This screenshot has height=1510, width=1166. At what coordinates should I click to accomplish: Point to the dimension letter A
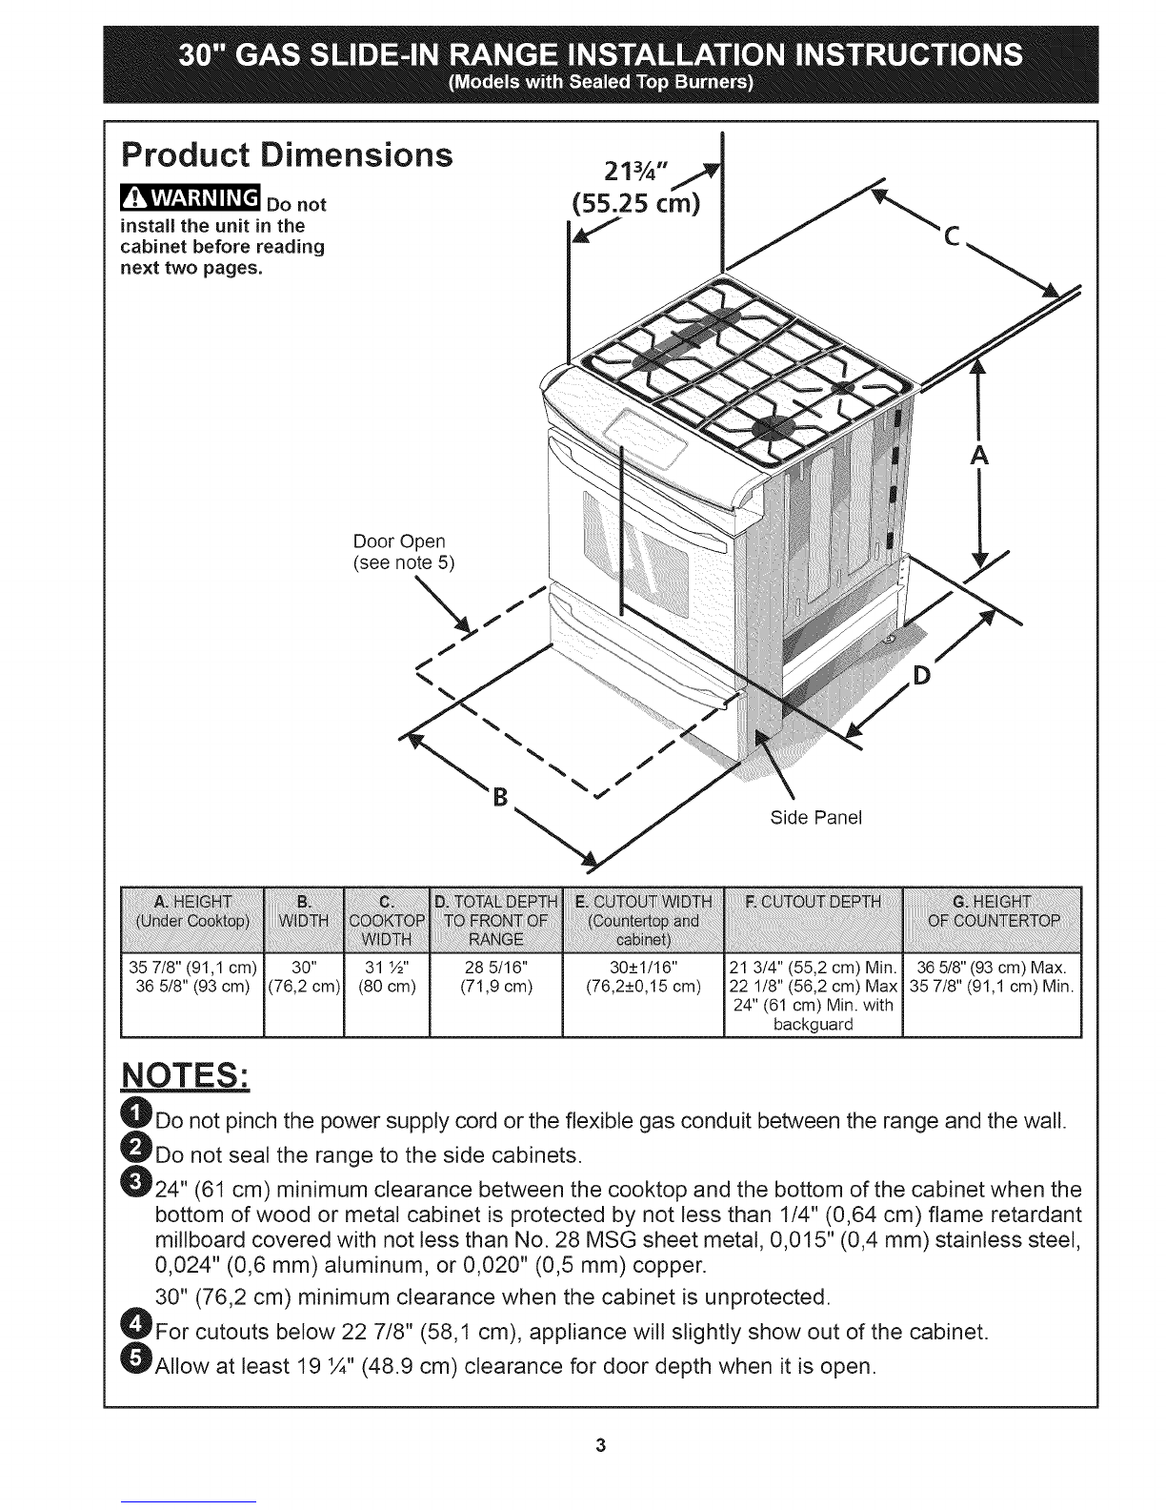pyautogui.click(x=978, y=457)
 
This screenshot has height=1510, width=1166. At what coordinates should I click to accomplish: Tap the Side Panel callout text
pyautogui.click(x=814, y=817)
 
